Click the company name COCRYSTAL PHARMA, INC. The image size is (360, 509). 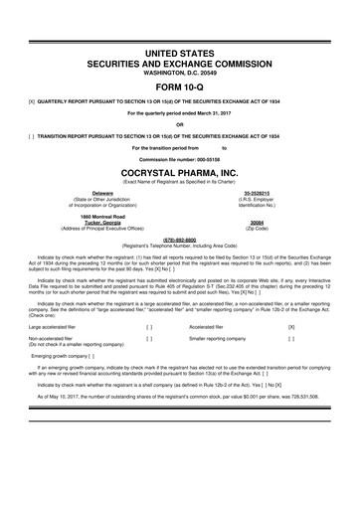180,171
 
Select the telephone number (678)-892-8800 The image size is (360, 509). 180,239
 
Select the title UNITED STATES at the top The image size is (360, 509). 180,49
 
